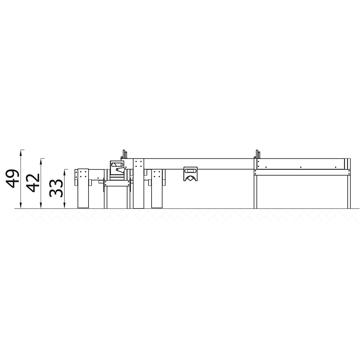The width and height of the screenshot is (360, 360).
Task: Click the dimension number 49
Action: (x=12, y=179)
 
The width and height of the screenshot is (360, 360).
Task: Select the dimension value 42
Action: (x=33, y=183)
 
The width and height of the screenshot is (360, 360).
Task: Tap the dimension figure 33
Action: (x=56, y=188)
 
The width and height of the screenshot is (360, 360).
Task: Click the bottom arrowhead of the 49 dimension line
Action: (x=21, y=206)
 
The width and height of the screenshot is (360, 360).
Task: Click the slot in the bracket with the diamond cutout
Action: (x=190, y=171)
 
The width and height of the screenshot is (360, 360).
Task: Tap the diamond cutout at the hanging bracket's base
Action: (x=190, y=178)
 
